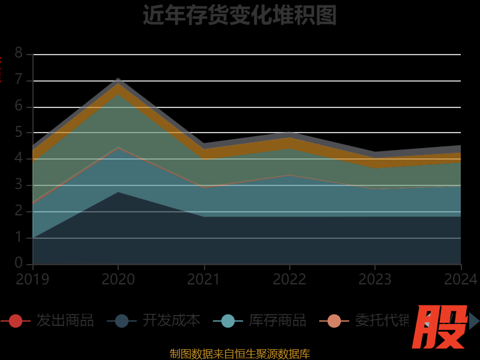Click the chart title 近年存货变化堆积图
click(239, 16)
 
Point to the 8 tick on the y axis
click(19, 53)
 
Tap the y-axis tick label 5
click(19, 133)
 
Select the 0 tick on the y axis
click(19, 264)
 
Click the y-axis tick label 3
click(19, 185)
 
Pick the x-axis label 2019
click(32, 280)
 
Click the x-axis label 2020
click(118, 280)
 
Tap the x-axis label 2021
click(204, 280)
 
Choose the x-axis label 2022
click(290, 280)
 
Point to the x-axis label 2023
click(375, 280)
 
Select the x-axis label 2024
click(461, 280)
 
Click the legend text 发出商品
click(65, 320)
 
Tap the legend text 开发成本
click(171, 320)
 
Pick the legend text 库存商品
click(277, 320)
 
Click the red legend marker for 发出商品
click(16, 321)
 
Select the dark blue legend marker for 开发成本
click(122, 321)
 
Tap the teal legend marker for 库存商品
click(228, 321)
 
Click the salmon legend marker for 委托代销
click(334, 321)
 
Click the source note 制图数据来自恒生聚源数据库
click(239, 354)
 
